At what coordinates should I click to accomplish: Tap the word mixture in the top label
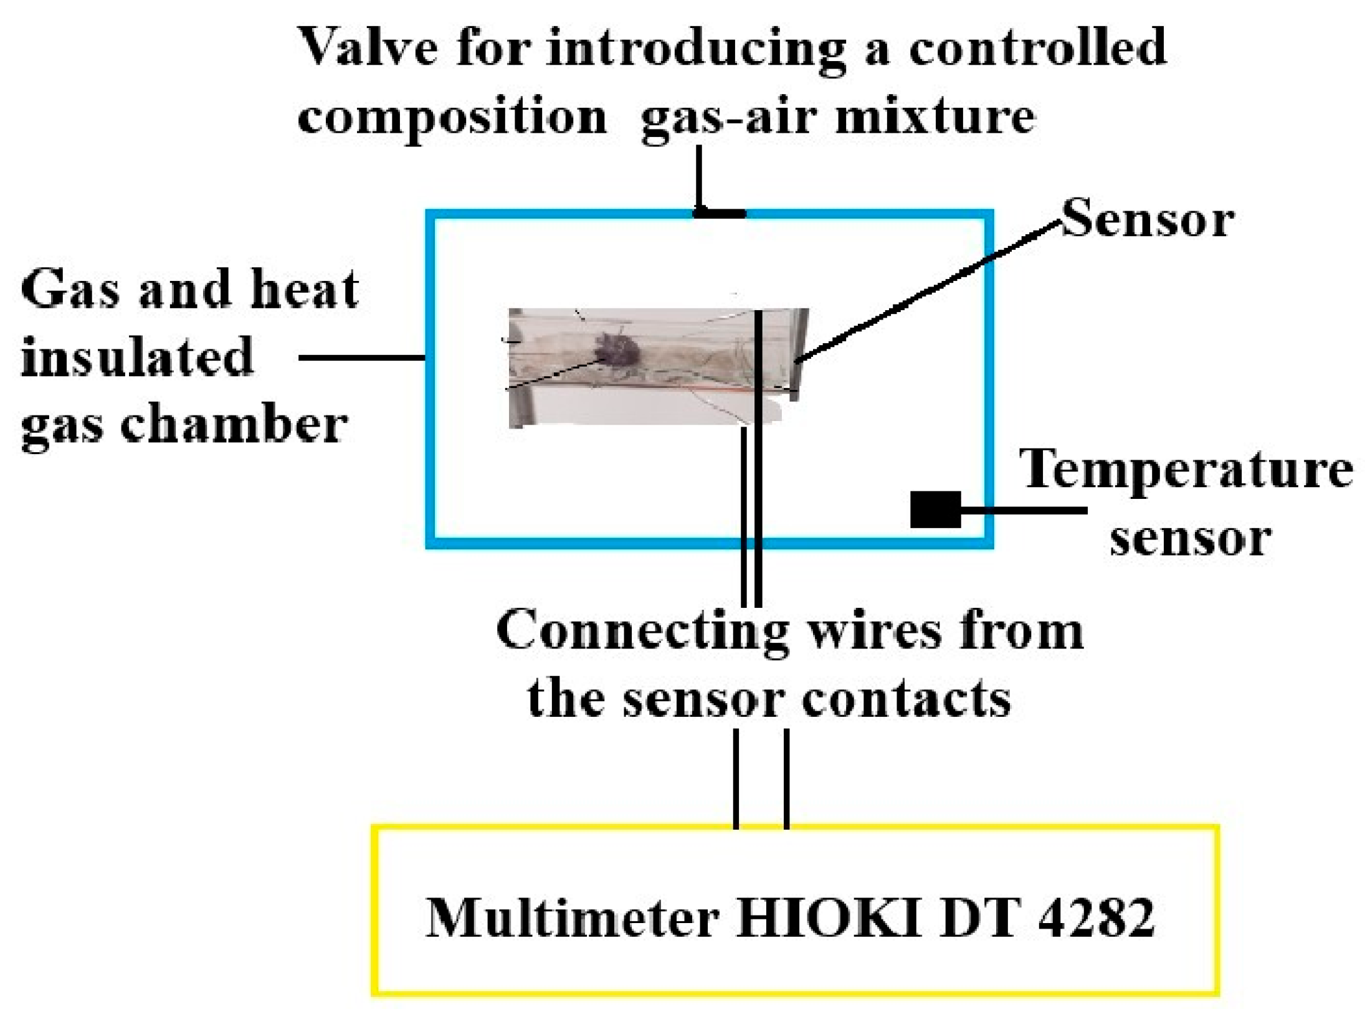(x=935, y=116)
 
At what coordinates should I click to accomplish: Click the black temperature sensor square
(x=935, y=509)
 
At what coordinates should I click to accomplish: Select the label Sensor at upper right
(x=1147, y=219)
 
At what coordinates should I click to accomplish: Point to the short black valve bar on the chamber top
(x=720, y=214)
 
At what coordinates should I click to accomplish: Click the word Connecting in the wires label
(x=642, y=632)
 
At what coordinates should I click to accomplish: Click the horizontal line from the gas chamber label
(x=362, y=358)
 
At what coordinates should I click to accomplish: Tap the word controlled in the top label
(x=1037, y=48)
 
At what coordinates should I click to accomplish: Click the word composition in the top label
(x=452, y=116)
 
